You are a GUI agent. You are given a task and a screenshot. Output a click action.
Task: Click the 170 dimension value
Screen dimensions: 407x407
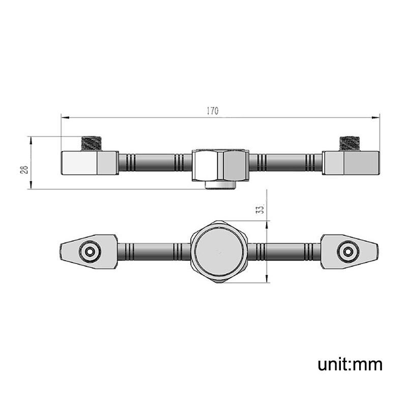coord(213,111)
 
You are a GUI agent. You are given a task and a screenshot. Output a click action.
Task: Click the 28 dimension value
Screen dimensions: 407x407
coord(24,170)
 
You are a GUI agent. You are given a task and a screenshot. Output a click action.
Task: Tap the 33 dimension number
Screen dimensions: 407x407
coord(260,209)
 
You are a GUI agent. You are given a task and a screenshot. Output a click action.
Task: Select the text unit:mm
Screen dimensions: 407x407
coord(350,364)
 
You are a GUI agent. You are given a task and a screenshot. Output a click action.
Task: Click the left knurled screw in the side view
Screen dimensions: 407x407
coord(91,143)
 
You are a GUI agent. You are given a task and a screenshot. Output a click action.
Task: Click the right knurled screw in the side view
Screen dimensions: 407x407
coord(350,143)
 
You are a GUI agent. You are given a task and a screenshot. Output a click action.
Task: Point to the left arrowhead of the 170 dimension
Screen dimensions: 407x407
coord(65,118)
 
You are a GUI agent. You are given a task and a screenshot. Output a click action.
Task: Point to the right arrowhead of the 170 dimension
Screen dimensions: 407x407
coord(375,118)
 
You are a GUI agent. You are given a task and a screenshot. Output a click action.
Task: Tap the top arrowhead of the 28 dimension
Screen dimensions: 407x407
coord(31,140)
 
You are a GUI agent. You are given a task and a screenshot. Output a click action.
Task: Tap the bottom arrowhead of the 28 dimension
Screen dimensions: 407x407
coord(31,185)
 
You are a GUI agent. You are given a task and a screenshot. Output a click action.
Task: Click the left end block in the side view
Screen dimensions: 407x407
coord(90,163)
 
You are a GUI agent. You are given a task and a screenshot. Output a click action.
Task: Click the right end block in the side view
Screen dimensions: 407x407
coord(351,163)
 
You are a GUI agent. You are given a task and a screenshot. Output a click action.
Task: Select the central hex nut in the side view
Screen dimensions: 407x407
coord(220,165)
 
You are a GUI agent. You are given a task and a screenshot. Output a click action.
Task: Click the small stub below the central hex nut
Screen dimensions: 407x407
coord(220,185)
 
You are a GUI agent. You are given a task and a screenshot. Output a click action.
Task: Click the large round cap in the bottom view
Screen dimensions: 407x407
coord(219,252)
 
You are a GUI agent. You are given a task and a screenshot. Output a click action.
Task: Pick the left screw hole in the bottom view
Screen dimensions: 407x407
coord(90,251)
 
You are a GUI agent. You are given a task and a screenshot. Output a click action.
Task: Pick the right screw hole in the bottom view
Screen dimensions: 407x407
coord(348,251)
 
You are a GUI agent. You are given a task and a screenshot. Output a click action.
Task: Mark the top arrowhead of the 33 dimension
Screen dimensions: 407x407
coord(267,225)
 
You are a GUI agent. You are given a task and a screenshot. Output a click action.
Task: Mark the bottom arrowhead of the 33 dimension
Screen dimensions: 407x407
coord(267,278)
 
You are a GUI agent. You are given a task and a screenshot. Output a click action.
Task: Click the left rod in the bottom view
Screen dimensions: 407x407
coord(154,251)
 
